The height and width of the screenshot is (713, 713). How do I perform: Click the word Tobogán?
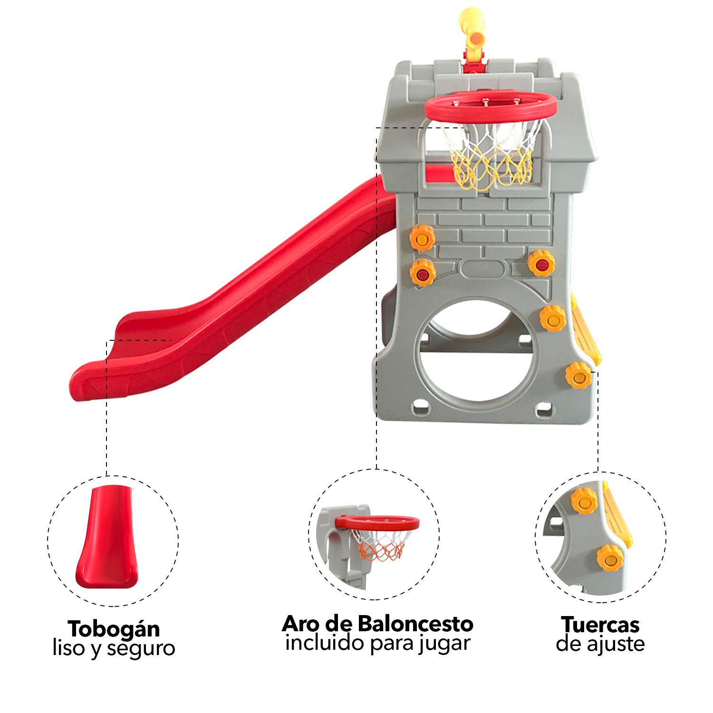(x=114, y=629)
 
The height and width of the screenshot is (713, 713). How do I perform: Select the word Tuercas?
(x=600, y=625)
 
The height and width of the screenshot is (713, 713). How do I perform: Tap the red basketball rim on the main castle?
(x=491, y=107)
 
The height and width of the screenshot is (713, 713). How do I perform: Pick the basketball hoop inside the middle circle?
(x=378, y=537)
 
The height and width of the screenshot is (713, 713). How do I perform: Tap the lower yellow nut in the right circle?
(x=610, y=558)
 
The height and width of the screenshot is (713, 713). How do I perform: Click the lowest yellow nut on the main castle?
(x=579, y=376)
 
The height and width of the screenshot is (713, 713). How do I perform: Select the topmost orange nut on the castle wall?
(x=422, y=238)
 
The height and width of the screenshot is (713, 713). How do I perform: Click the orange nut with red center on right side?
(x=541, y=263)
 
